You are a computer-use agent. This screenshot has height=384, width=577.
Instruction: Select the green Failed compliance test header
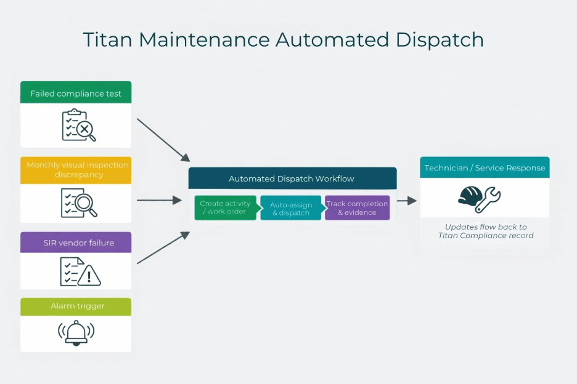click(76, 94)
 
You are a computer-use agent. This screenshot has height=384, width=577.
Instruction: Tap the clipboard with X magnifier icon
click(79, 126)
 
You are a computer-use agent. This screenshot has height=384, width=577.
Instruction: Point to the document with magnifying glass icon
click(79, 202)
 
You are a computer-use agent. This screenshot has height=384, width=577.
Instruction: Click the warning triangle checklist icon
click(80, 271)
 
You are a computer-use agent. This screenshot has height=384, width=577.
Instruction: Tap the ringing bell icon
click(76, 333)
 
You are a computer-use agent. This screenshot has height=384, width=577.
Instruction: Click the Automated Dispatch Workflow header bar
click(292, 178)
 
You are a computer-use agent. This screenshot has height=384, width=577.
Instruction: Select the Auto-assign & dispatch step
click(291, 209)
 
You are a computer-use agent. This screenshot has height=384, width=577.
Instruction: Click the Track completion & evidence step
click(358, 208)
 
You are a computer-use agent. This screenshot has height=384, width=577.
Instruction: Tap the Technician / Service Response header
click(485, 168)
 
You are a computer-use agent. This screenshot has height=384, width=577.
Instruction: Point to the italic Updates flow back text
click(486, 231)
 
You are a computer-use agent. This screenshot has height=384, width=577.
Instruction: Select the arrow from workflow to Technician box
click(407, 201)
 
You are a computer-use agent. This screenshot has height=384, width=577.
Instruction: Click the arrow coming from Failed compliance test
click(163, 139)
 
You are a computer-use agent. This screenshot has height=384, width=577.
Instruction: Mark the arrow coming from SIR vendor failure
click(163, 249)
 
